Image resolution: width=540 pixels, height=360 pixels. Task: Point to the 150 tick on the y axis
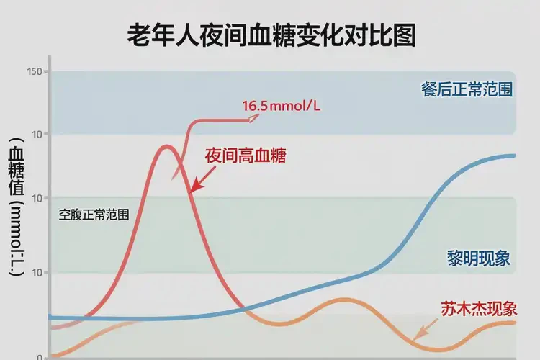pos(35,71)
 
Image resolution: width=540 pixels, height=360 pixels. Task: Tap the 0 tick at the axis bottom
pos(40,356)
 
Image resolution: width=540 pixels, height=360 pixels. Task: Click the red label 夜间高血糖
pos(246,156)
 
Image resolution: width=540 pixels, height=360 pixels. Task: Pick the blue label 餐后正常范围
pos(467,89)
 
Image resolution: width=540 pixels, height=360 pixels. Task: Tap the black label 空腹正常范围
pos(94,215)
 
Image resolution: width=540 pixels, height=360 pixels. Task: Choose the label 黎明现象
pos(478,258)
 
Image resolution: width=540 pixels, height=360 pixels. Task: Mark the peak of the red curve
pos(167,146)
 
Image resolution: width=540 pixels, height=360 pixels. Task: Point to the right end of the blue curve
pos(513,156)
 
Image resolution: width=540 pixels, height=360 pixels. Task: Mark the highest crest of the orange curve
pos(345,300)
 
